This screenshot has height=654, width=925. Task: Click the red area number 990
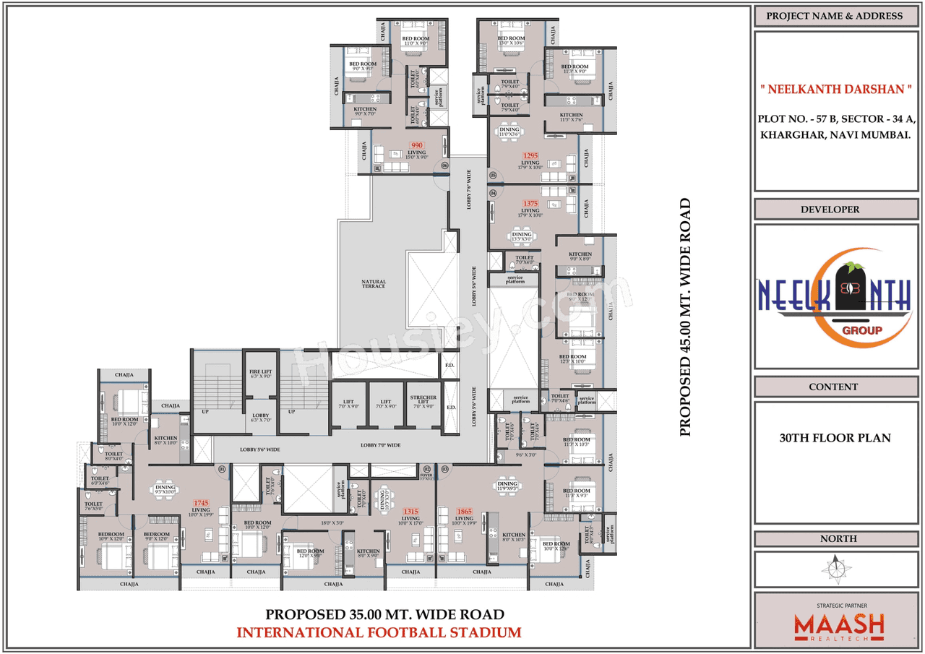click(x=416, y=145)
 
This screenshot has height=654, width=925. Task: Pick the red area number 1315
click(x=410, y=511)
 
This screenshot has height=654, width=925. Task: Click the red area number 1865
click(x=464, y=511)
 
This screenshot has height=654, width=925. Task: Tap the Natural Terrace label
click(x=374, y=284)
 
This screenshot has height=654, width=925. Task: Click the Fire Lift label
click(x=259, y=373)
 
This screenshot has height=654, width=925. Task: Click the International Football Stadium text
click(x=379, y=633)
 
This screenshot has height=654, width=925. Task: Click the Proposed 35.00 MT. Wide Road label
click(x=384, y=615)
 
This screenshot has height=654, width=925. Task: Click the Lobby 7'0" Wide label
click(x=380, y=445)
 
